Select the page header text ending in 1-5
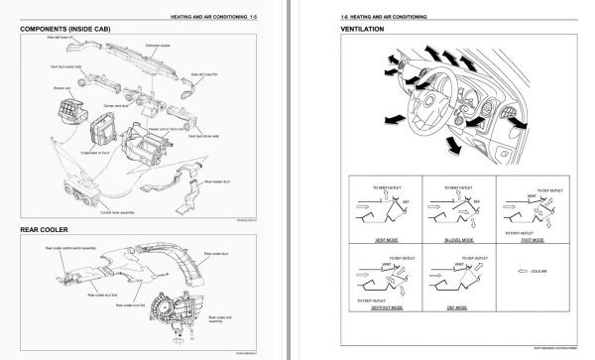199,14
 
